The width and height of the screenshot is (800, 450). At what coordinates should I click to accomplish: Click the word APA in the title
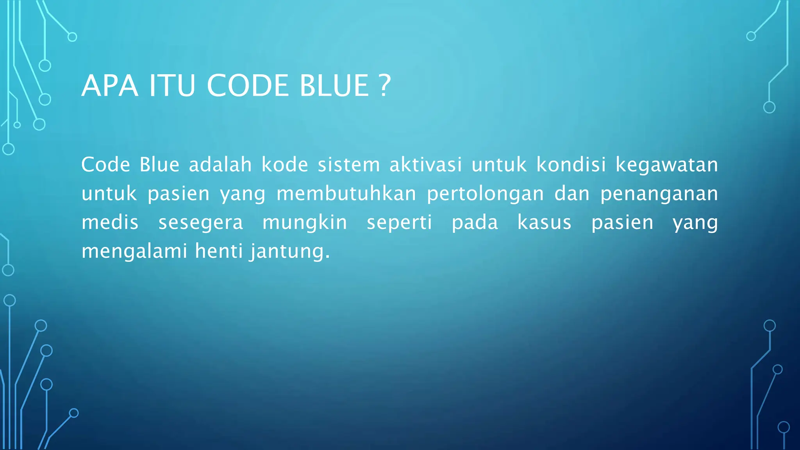[x=110, y=86]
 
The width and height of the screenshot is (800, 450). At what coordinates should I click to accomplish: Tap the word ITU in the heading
[x=172, y=86]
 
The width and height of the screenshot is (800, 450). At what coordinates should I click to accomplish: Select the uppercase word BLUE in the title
[x=334, y=86]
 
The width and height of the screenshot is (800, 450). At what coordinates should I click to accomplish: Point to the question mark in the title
[x=385, y=86]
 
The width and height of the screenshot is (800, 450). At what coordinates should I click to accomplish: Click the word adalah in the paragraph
[x=220, y=164]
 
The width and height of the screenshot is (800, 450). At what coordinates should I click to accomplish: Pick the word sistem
[x=349, y=164]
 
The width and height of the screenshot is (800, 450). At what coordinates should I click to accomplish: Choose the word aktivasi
[x=426, y=164]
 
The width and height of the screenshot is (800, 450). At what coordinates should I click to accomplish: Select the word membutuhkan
[x=346, y=193]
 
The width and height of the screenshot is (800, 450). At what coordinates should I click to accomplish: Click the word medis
[x=110, y=222]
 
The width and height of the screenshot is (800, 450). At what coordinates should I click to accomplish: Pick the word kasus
[x=545, y=222]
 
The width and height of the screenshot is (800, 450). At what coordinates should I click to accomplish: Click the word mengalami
[x=134, y=252]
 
